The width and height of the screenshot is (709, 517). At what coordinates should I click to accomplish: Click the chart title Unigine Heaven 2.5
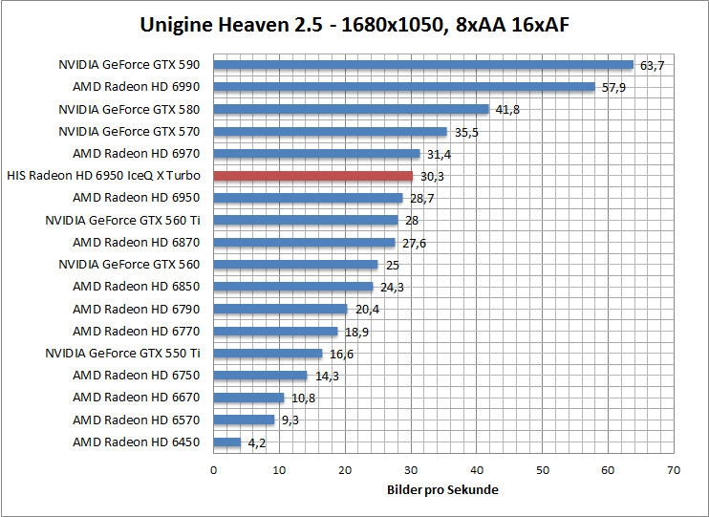coord(354,25)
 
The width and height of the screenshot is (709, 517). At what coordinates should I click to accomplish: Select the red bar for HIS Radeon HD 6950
coord(312,176)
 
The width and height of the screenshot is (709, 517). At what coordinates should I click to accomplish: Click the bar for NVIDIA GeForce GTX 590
coord(423,65)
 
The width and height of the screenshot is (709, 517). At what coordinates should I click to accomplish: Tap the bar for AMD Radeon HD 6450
coord(226,442)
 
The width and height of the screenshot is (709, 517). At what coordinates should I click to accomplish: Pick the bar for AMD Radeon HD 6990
coord(404,87)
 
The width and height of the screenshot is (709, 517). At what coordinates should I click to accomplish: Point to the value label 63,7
coord(652,65)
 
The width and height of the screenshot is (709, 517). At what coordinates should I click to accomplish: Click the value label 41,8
coord(507,110)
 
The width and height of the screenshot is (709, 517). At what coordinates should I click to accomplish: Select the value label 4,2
coord(255,442)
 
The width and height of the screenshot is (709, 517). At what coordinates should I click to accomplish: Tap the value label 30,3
coord(431,176)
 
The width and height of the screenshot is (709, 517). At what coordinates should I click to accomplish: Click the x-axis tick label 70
coord(674,470)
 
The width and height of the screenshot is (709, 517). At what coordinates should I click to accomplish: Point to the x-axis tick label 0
coord(213,470)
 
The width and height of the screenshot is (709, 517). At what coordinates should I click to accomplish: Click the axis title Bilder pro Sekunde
coord(442,489)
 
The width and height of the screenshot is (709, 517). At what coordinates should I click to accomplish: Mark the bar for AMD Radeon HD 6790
coord(280,309)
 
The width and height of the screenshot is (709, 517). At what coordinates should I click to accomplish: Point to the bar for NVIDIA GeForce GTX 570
coord(330,132)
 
